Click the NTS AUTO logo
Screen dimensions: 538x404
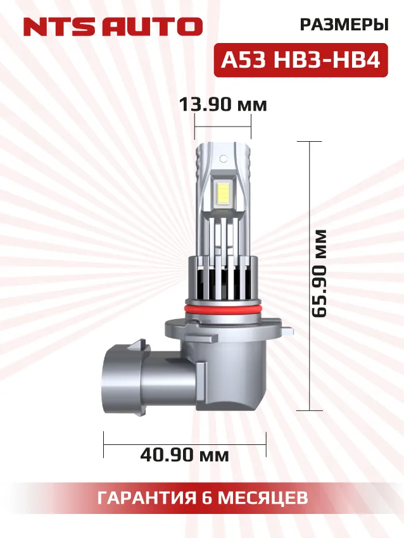pyautogui.click(x=113, y=27)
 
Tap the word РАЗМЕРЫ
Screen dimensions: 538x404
pyautogui.click(x=343, y=25)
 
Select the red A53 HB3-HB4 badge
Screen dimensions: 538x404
pyautogui.click(x=300, y=61)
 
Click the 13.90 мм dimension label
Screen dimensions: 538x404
pyautogui.click(x=223, y=104)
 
